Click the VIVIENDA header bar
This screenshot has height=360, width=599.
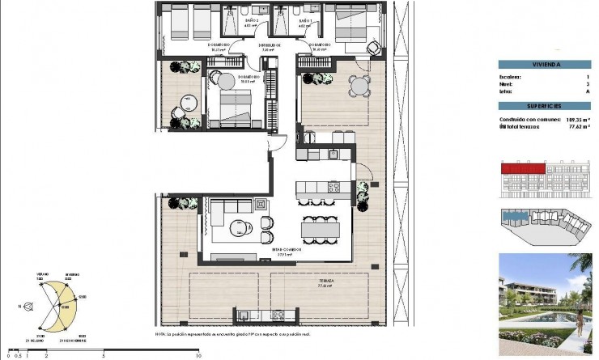tap(545, 64)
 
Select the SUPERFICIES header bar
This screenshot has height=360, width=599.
tap(545, 106)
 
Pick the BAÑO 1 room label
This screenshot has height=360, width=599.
tap(305, 22)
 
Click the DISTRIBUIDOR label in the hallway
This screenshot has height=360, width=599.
tap(270, 44)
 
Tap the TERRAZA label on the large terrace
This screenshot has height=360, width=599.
tap(325, 282)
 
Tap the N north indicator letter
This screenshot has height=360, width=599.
tap(19, 306)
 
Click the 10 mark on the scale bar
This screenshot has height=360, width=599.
tap(198, 355)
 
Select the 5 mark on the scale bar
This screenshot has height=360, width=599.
tap(104, 355)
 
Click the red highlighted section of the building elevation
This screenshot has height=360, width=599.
tap(520, 168)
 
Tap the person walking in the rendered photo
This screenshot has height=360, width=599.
tap(580, 324)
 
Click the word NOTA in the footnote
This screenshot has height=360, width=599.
tap(160, 333)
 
